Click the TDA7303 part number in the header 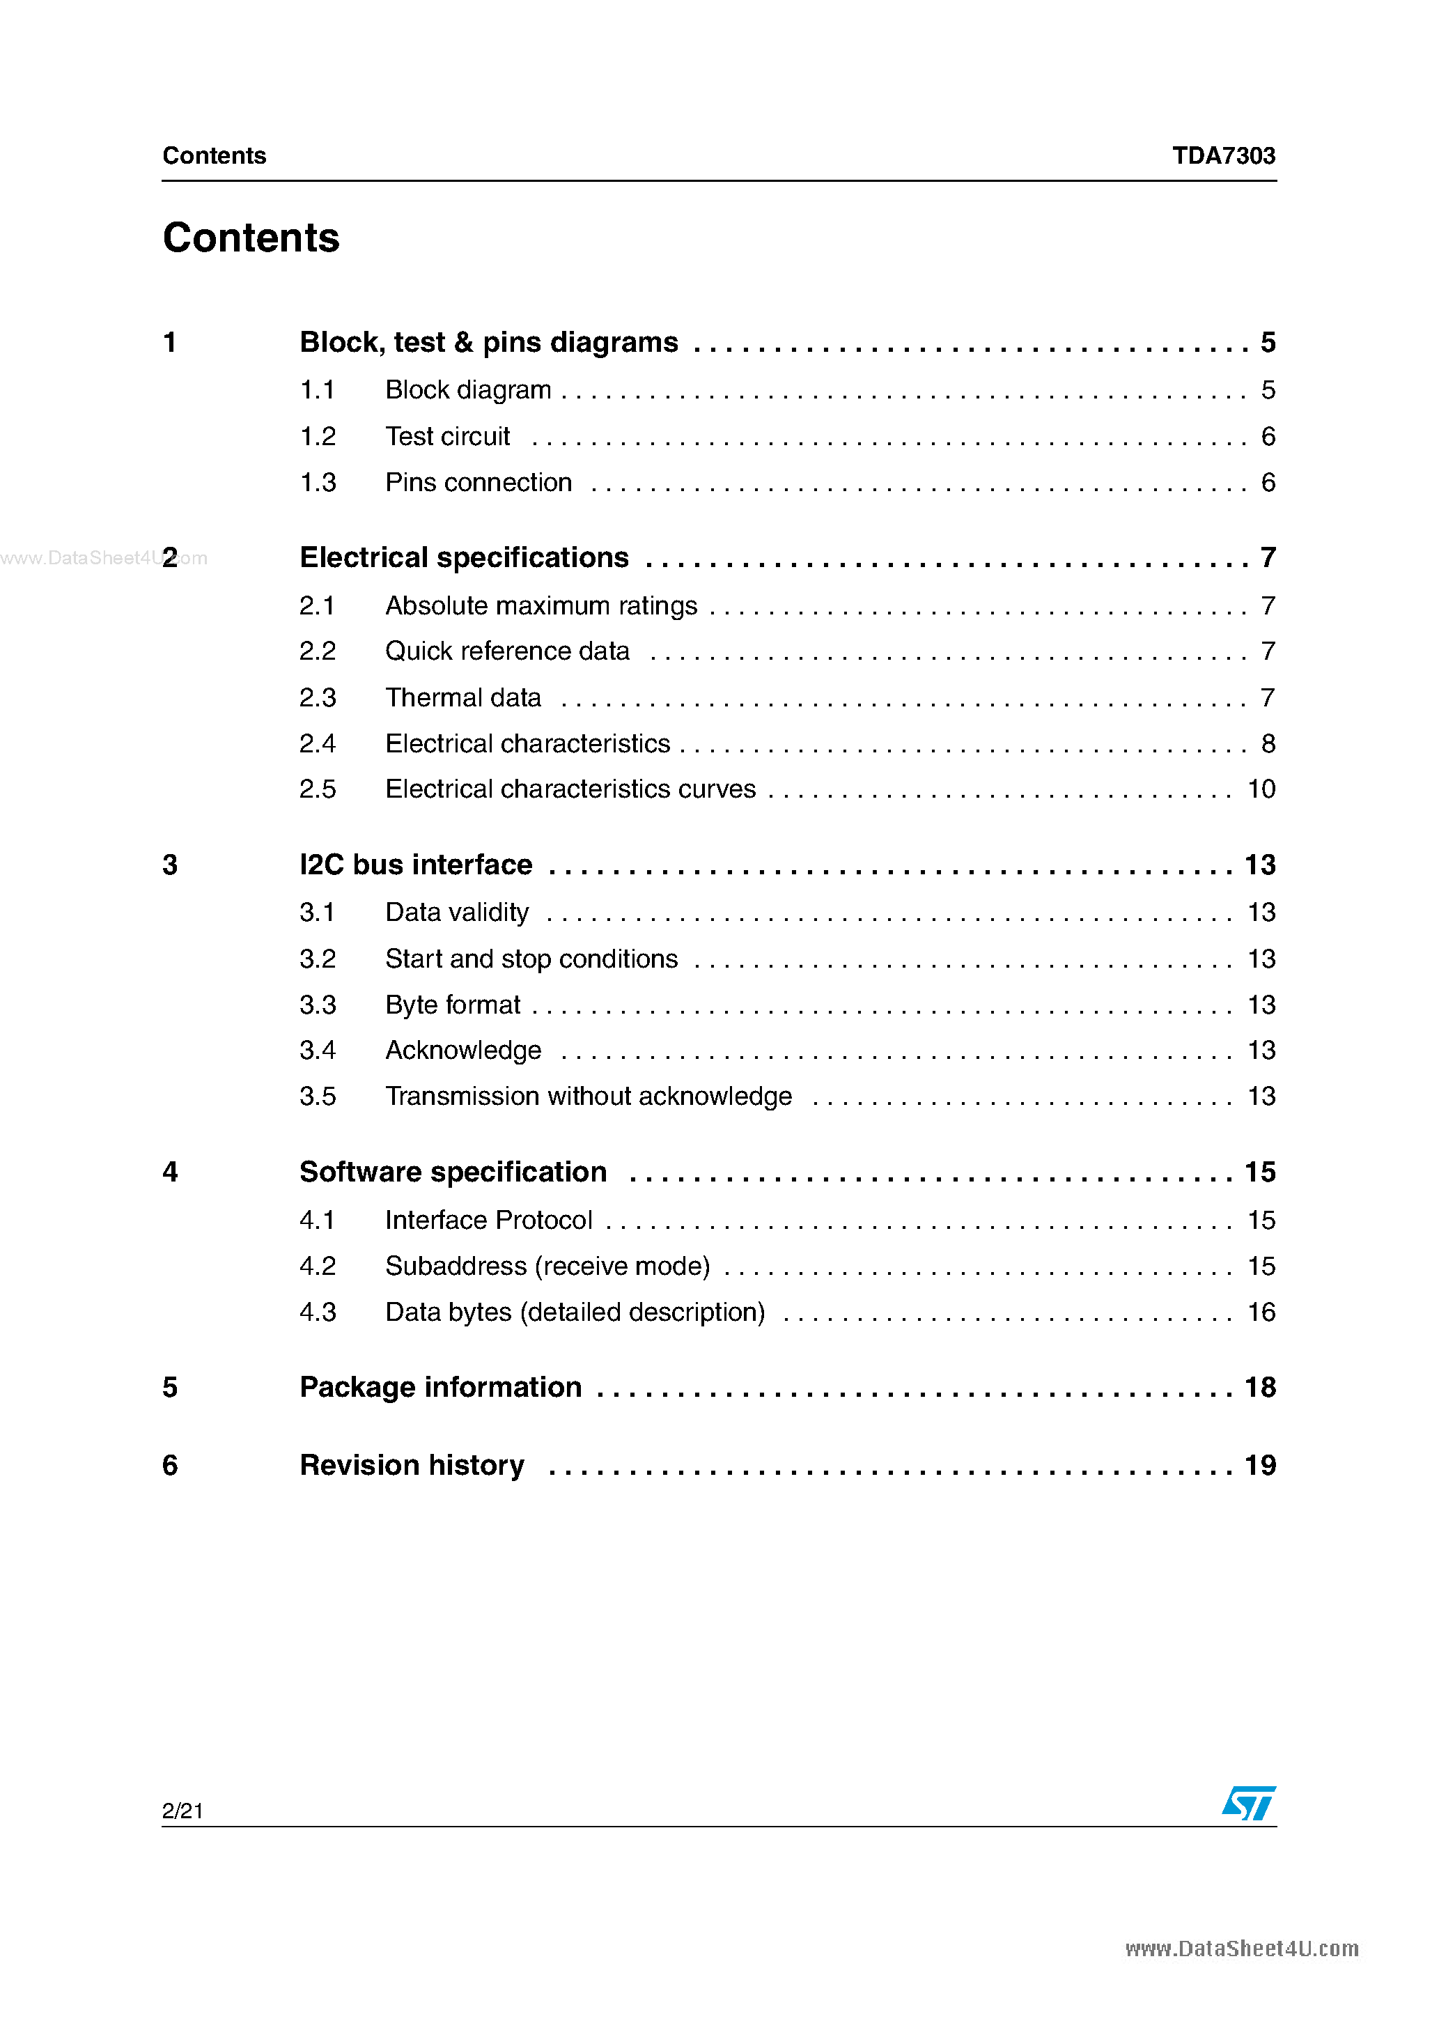1222,155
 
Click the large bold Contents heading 251,238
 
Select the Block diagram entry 467,389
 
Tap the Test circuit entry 447,437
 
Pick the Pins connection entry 479,483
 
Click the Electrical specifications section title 464,557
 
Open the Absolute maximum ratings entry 541,606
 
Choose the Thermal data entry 463,697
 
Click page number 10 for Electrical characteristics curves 1261,789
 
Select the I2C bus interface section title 416,864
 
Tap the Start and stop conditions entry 531,959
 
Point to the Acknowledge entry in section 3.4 463,1051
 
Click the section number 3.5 318,1097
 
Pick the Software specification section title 453,1172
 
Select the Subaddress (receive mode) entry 547,1266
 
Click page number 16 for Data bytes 1261,1312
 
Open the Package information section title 441,1388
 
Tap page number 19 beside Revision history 1260,1465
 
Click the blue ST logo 1248,1804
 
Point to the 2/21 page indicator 182,1811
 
